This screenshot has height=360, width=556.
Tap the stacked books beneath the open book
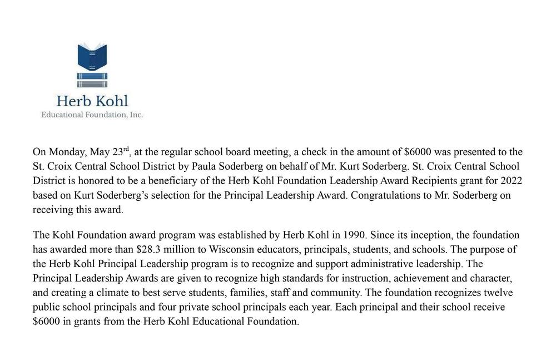(92, 80)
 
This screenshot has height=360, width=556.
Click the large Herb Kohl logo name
(92, 101)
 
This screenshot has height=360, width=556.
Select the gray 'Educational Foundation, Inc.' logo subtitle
(92, 115)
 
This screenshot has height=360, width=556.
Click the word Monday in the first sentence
(67, 152)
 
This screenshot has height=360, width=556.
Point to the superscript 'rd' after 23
(126, 149)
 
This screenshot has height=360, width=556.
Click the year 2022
(511, 181)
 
